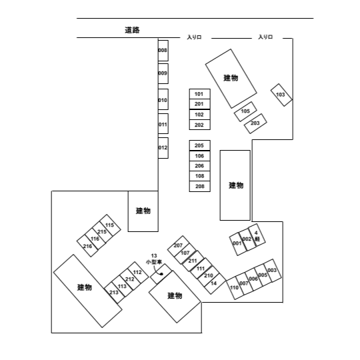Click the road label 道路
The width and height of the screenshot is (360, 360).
(132, 30)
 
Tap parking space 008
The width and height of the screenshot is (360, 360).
(163, 51)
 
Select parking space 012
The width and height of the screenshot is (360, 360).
(163, 148)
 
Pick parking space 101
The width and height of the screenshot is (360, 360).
(199, 94)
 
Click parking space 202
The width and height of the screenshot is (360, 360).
(199, 125)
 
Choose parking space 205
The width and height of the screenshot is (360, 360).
(199, 145)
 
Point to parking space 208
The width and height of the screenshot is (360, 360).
(199, 186)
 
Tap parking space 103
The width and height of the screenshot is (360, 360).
(281, 95)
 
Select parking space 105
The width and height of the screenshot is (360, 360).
(245, 111)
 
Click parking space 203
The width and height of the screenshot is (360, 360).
(255, 123)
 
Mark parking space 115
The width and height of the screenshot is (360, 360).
(110, 225)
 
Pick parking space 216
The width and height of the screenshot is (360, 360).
(87, 246)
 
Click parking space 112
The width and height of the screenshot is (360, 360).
(138, 273)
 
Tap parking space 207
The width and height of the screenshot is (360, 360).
(179, 245)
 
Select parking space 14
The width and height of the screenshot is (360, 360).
(215, 283)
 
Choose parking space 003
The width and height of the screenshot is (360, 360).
(273, 271)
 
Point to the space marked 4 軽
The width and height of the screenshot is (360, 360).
(257, 235)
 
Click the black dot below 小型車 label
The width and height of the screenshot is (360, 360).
(161, 274)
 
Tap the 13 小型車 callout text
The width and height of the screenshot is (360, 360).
(154, 259)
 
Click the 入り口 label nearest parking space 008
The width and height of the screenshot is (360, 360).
(194, 37)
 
